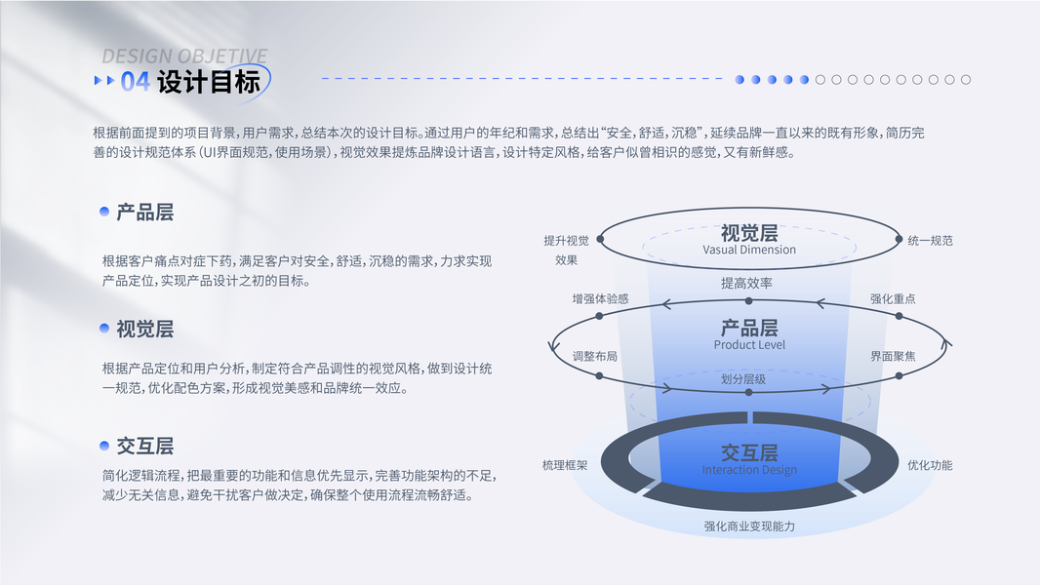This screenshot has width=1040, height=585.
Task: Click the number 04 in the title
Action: [136, 82]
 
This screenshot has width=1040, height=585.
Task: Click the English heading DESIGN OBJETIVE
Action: [184, 57]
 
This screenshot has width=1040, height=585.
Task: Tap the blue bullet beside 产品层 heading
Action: [104, 212]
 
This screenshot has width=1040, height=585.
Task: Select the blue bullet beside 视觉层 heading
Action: [104, 328]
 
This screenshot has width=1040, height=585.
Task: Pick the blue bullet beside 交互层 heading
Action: [104, 446]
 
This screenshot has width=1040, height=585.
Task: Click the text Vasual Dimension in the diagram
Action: [749, 250]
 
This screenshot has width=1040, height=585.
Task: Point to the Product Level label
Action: [749, 344]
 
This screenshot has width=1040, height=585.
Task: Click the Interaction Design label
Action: [749, 470]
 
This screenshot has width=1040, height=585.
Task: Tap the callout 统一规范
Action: [930, 241]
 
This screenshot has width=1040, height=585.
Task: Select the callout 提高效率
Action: [747, 284]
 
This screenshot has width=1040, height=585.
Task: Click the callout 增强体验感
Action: [600, 298]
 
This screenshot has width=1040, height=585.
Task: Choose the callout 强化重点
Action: [893, 298]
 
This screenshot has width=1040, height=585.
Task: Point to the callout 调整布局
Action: [595, 357]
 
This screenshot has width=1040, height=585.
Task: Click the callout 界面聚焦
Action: [893, 357]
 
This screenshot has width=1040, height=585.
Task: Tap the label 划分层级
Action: [743, 379]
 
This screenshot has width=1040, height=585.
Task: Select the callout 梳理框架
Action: [565, 465]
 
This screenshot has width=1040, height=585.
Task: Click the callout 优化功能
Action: [930, 465]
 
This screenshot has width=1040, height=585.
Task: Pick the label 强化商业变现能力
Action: [749, 526]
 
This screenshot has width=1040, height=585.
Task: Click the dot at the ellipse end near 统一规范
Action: [899, 239]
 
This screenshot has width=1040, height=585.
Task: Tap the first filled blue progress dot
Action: [740, 80]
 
